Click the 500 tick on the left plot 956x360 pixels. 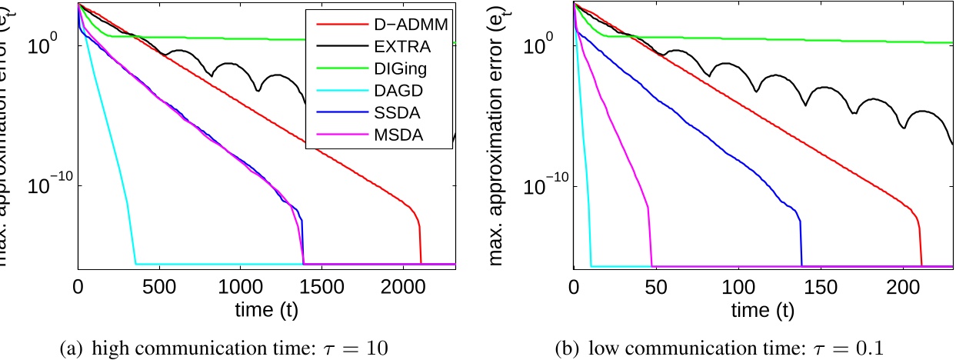point(159,286)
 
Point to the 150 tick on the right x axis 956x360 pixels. point(821,286)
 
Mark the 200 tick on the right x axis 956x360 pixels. point(903,286)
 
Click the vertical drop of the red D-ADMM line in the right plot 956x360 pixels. point(921,242)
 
